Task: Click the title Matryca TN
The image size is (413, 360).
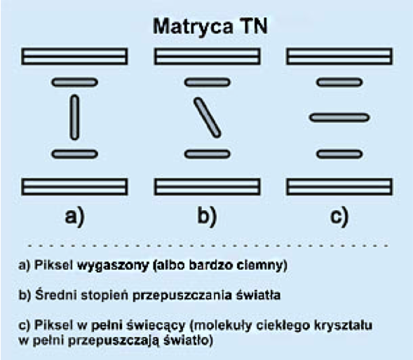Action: pyautogui.click(x=210, y=27)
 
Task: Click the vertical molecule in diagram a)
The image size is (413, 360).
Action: pyautogui.click(x=74, y=118)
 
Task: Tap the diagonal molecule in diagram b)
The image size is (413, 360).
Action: pyautogui.click(x=208, y=118)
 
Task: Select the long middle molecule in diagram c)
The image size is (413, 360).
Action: pyautogui.click(x=339, y=118)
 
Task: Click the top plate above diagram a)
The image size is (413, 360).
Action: pyautogui.click(x=74, y=56)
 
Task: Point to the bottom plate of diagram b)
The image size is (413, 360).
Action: pyautogui.click(x=208, y=187)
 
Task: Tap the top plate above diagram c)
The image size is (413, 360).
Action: pyautogui.click(x=339, y=56)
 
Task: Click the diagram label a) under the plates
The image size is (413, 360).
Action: pyautogui.click(x=75, y=216)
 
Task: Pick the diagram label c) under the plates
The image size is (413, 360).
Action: pyautogui.click(x=339, y=216)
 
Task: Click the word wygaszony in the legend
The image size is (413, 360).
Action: pyautogui.click(x=113, y=265)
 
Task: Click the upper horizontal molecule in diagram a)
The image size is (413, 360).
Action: pyautogui.click(x=74, y=83)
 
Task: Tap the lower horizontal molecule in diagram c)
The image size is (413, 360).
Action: pyautogui.click(x=339, y=154)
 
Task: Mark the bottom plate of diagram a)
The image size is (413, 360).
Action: pyautogui.click(x=74, y=187)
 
